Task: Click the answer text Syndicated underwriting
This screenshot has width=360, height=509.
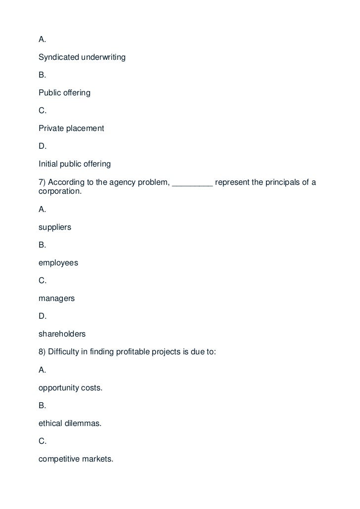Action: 82,57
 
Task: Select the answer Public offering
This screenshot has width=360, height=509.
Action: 64,93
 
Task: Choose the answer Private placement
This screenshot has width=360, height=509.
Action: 71,128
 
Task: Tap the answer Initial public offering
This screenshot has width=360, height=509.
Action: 75,164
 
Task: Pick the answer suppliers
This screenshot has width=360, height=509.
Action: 55,228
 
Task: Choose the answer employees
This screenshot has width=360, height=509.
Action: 58,263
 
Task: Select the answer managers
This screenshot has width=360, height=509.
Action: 56,299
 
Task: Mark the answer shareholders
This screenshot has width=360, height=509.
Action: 62,335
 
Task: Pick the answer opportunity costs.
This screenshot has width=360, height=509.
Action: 71,388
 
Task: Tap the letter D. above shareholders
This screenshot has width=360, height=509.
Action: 43,316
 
